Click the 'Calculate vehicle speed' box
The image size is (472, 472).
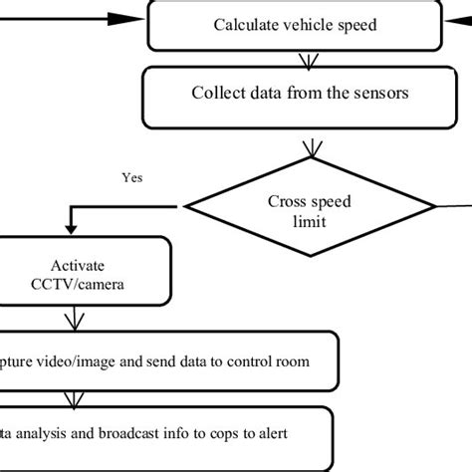coord(296,26)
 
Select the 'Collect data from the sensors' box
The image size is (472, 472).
coord(296,94)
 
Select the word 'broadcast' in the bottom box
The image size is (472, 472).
coord(137,434)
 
